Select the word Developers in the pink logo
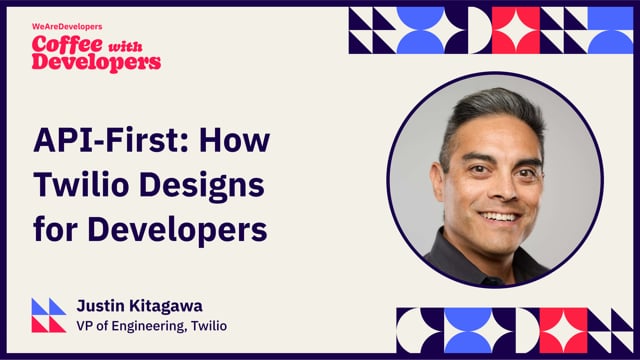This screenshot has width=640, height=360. pos(96,62)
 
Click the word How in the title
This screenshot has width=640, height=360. pos(233,139)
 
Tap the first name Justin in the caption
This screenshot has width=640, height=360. pos(101,306)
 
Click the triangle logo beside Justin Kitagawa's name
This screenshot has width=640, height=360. pos(48,315)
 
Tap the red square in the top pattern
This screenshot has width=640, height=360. pos(516,30)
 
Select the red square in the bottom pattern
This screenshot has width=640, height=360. pos(564,330)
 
